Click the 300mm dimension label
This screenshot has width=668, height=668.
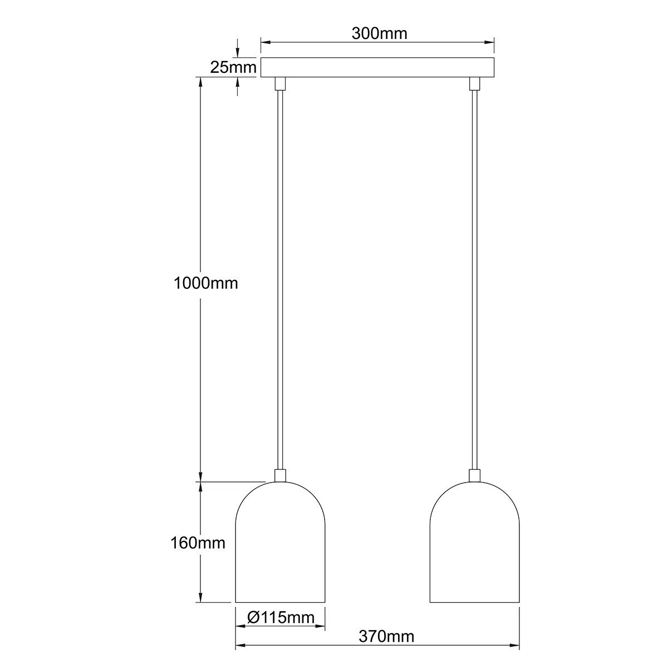[379, 33]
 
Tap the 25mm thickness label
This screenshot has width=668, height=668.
[233, 67]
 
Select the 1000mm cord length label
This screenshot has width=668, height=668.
[205, 283]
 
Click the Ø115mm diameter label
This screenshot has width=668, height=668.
[280, 617]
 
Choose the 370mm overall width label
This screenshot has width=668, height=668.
[386, 636]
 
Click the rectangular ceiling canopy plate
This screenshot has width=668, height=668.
[377, 67]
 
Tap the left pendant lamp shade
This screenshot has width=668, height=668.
[280, 546]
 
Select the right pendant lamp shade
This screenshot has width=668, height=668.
[474, 546]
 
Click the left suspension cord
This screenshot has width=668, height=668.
[280, 278]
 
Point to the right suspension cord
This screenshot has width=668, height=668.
[474, 278]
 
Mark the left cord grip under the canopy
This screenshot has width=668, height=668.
[280, 83]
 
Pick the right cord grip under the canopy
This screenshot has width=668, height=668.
[474, 83]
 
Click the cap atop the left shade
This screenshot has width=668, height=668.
[280, 475]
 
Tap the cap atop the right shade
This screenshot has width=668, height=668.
[474, 475]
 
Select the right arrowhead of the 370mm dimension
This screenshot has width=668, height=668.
[514, 646]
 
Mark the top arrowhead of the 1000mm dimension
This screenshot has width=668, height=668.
[200, 81]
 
